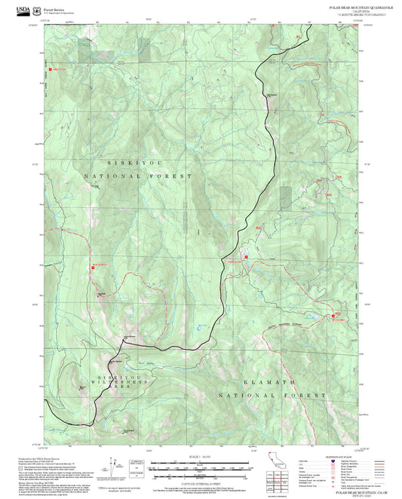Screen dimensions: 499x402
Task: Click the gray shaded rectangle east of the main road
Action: (x=285, y=197)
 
